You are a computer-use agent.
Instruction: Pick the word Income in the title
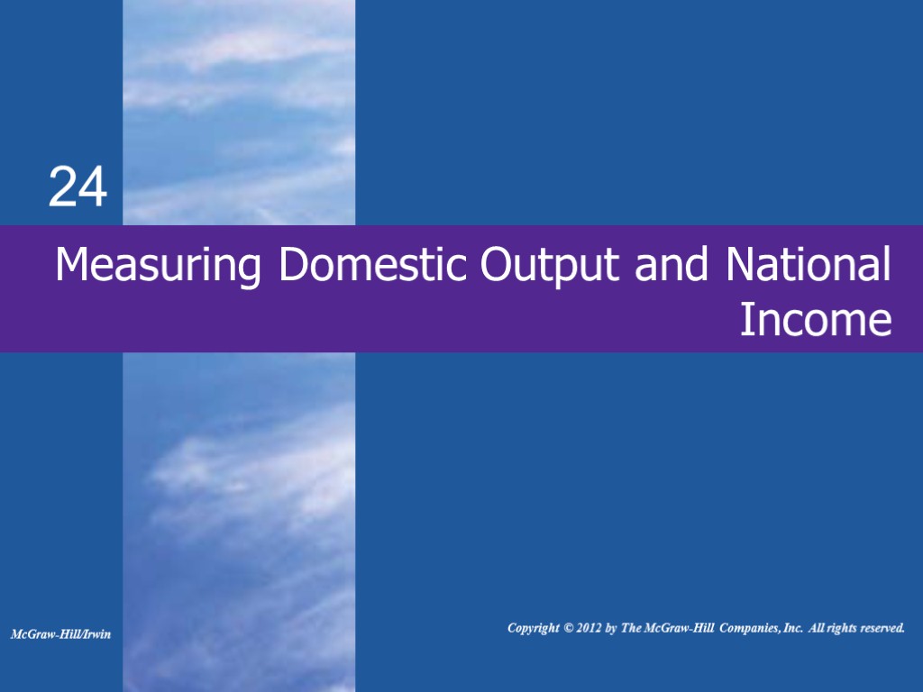pos(816,321)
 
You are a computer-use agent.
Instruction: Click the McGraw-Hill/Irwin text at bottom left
pos(60,634)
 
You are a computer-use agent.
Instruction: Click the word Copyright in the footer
pos(533,628)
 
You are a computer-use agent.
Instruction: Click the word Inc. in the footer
pos(792,628)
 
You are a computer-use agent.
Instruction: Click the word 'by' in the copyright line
pos(611,628)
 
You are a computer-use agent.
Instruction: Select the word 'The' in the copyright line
pos(631,628)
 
